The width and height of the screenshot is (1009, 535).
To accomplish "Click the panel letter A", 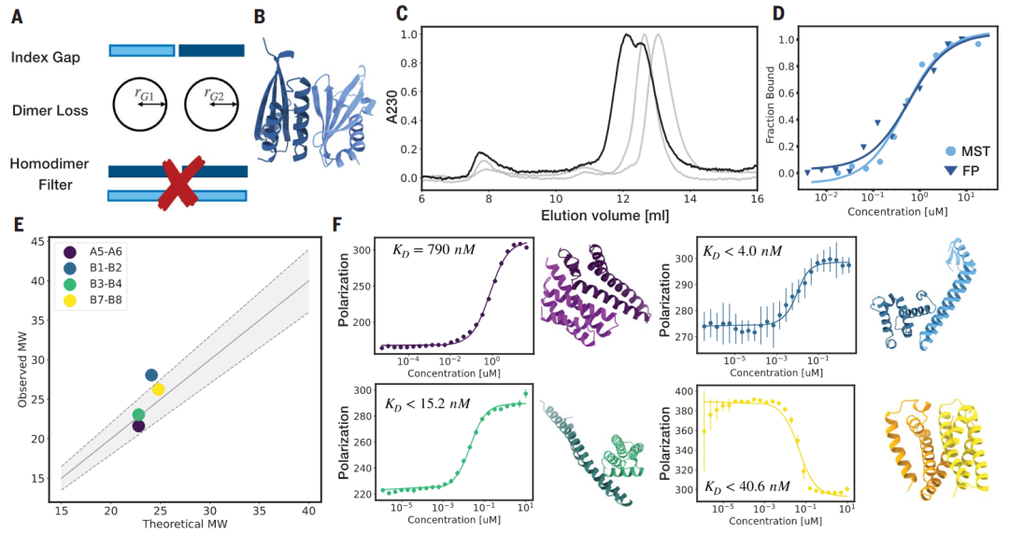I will coord(16,15).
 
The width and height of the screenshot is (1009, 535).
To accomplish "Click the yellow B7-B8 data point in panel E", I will coord(158,389).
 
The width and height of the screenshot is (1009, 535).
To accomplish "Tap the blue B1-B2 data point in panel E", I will coord(151,375).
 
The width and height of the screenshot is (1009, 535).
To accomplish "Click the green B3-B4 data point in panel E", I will coord(138,415).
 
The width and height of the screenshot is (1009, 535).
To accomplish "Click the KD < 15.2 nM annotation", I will coord(427,403).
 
